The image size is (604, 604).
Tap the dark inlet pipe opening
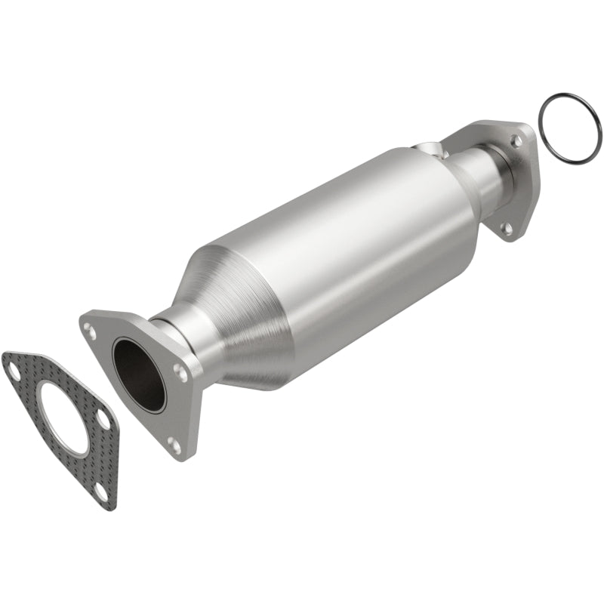tap(140, 375)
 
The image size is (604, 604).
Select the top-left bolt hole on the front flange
tap(91, 329)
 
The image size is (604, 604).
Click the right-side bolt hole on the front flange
tap(180, 371)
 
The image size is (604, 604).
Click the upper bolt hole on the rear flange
tap(516, 140)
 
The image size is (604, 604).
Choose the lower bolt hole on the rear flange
tap(507, 226)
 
